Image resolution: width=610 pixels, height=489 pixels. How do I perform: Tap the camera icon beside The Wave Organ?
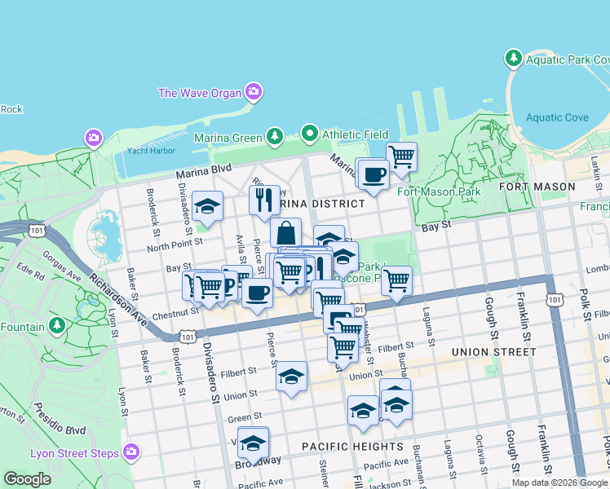click(254, 92)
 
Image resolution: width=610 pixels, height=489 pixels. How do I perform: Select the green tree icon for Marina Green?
click(276, 136)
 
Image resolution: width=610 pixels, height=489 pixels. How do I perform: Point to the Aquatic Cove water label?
click(557, 118)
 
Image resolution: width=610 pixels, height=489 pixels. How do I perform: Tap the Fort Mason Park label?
click(436, 192)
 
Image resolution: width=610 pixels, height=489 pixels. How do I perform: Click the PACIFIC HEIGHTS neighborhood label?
click(352, 447)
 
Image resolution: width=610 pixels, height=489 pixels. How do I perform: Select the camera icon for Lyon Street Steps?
click(130, 452)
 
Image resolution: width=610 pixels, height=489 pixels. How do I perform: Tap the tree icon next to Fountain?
click(56, 327)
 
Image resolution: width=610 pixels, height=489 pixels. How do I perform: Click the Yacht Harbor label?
click(151, 151)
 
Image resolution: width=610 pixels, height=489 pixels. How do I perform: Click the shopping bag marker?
click(285, 233)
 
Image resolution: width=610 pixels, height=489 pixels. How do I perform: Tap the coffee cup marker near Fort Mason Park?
click(374, 174)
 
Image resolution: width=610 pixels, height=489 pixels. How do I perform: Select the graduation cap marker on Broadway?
click(253, 443)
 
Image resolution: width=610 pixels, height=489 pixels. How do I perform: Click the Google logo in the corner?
click(27, 479)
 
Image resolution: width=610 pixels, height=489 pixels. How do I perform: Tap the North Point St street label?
click(175, 246)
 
